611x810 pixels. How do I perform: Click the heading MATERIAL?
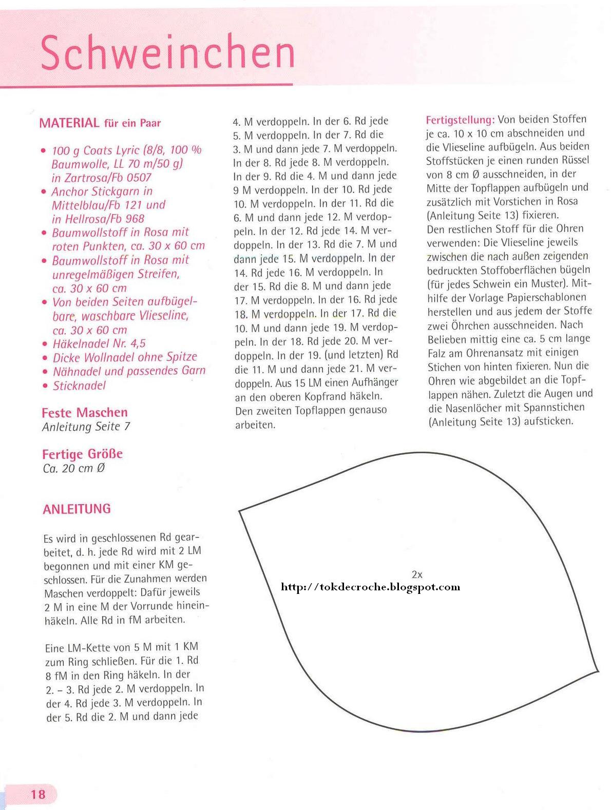69,123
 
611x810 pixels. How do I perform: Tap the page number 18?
38,794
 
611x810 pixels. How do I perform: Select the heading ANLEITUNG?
77,509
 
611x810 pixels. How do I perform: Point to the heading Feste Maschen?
85,412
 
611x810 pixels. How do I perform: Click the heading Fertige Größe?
83,454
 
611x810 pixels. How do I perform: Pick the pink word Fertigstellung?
460,120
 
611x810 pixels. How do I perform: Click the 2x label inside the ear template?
417,574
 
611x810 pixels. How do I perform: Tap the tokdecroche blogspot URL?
370,587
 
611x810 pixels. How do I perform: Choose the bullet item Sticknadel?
80,385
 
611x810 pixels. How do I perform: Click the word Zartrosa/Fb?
90,178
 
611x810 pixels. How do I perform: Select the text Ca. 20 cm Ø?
74,468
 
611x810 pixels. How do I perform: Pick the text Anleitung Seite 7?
86,427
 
